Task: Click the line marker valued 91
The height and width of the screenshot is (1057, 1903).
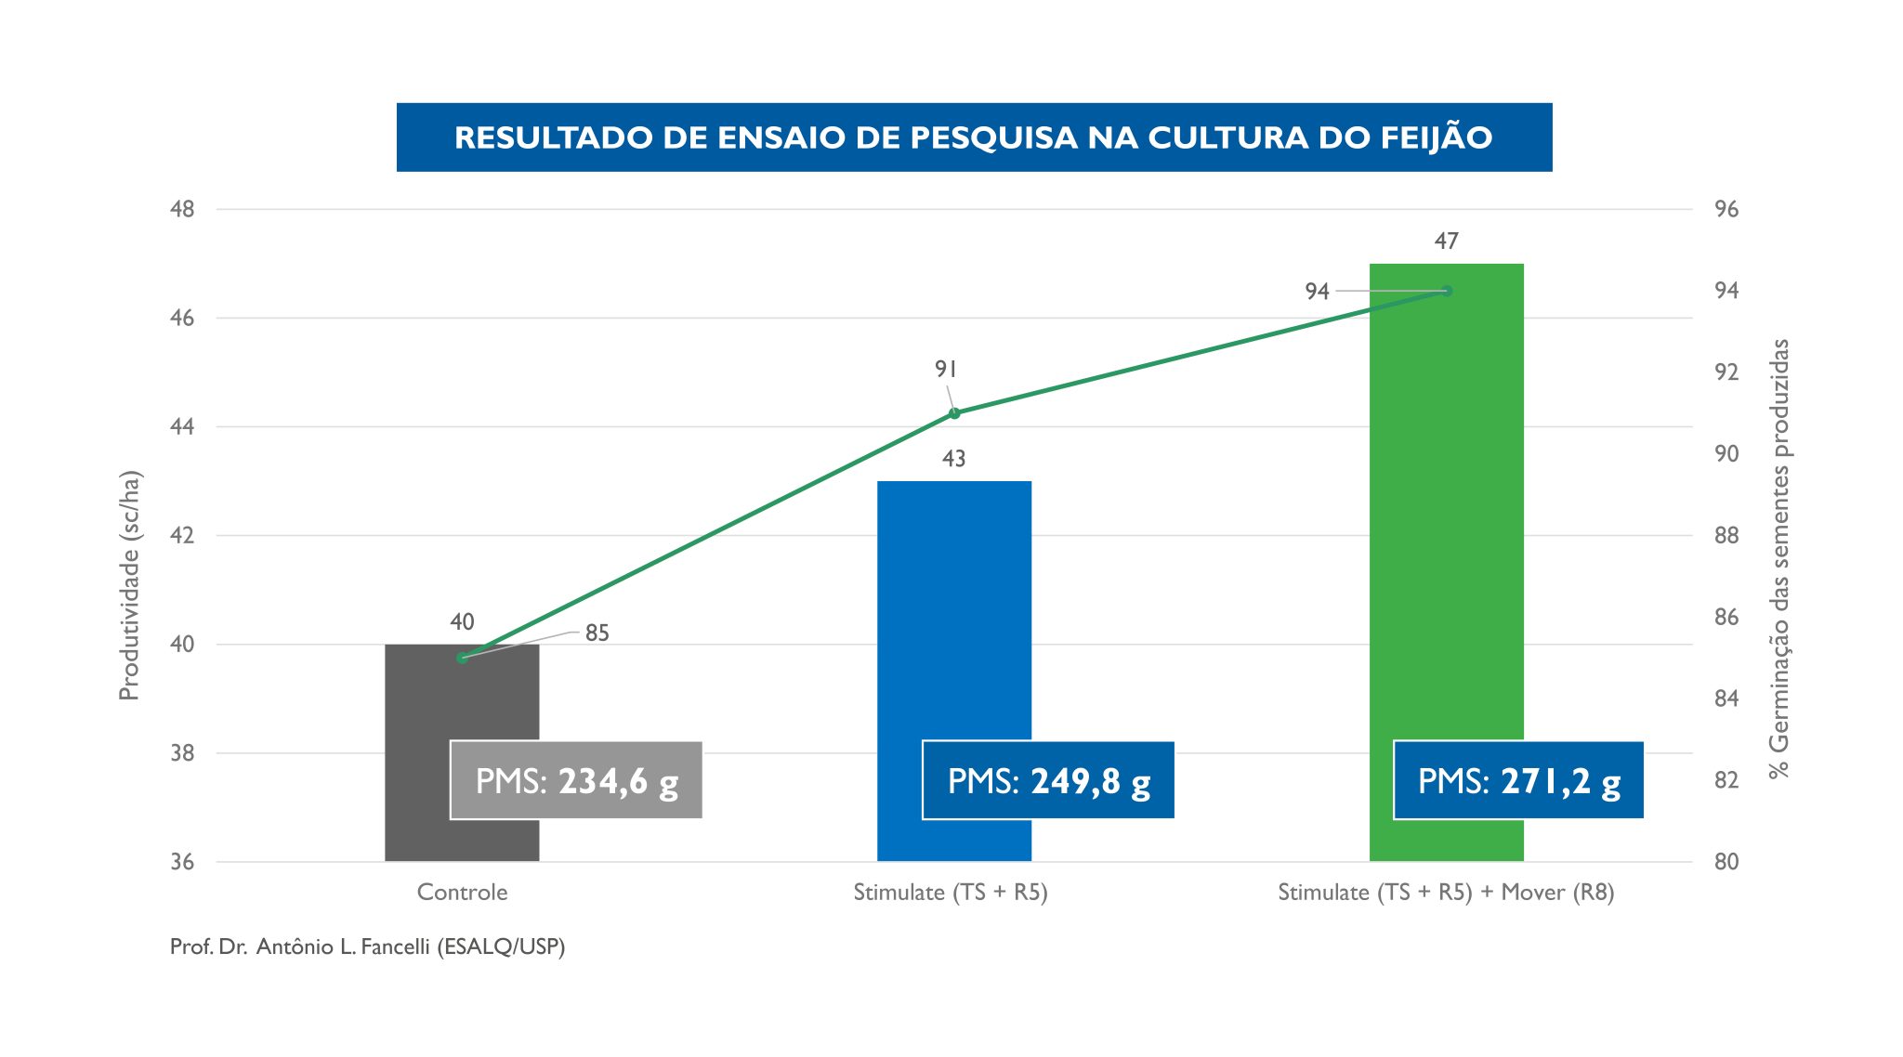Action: click(954, 413)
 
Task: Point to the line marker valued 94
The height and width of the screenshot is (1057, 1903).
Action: click(1447, 291)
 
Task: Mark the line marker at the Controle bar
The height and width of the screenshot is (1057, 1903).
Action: click(462, 658)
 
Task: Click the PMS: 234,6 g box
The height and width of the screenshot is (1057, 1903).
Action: click(576, 780)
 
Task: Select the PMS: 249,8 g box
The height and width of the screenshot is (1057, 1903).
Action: click(1048, 780)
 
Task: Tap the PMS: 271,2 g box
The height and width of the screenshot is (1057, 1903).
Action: click(1518, 780)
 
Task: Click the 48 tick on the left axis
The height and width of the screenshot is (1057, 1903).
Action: click(182, 209)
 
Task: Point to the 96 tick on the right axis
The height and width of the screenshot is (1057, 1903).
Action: click(1726, 209)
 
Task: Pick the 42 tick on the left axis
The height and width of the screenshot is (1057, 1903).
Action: click(182, 536)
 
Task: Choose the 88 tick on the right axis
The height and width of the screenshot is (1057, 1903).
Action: click(1726, 536)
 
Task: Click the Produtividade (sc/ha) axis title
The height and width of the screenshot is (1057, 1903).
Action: click(129, 585)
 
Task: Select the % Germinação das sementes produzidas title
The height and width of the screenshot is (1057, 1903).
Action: click(1778, 557)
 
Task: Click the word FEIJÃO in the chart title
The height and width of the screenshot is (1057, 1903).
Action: click(1436, 137)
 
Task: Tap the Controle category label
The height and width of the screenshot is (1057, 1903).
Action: click(462, 893)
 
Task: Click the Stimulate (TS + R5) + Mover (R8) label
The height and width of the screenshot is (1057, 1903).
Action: click(1446, 893)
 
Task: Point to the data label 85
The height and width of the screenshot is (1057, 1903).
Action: click(597, 633)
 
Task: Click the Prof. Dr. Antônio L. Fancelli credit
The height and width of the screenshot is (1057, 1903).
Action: click(367, 946)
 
